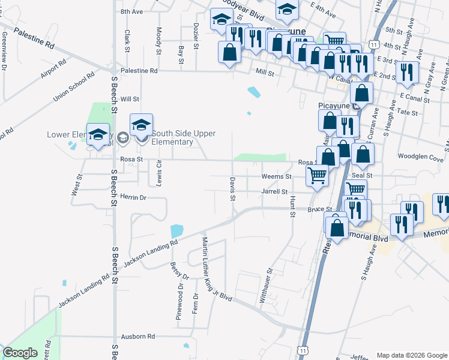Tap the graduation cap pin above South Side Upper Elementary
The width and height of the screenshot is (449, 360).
[x=141, y=125]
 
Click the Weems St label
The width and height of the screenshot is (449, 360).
[x=276, y=176]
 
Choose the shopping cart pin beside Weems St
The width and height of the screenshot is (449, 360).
[x=317, y=176]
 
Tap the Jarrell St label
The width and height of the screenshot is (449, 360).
[x=275, y=191]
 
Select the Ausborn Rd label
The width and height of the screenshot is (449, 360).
[x=138, y=337]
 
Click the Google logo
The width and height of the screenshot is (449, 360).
[x=20, y=353]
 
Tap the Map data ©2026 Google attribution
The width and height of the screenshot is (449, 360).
[x=411, y=355]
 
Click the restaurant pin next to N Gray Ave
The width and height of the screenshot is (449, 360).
[x=408, y=73]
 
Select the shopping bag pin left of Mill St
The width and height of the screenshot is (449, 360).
[x=229, y=52]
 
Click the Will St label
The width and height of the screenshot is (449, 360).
[x=130, y=99]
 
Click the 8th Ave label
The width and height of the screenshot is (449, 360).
[x=131, y=11]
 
